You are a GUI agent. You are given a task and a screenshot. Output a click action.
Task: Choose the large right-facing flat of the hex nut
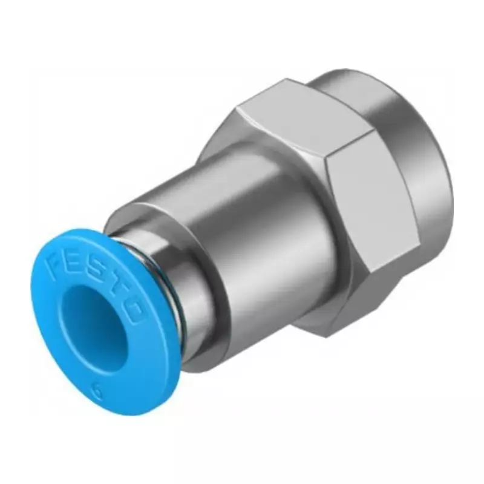pyautogui.click(x=369, y=206)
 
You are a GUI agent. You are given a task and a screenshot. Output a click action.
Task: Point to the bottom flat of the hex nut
pyautogui.click(x=327, y=315)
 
